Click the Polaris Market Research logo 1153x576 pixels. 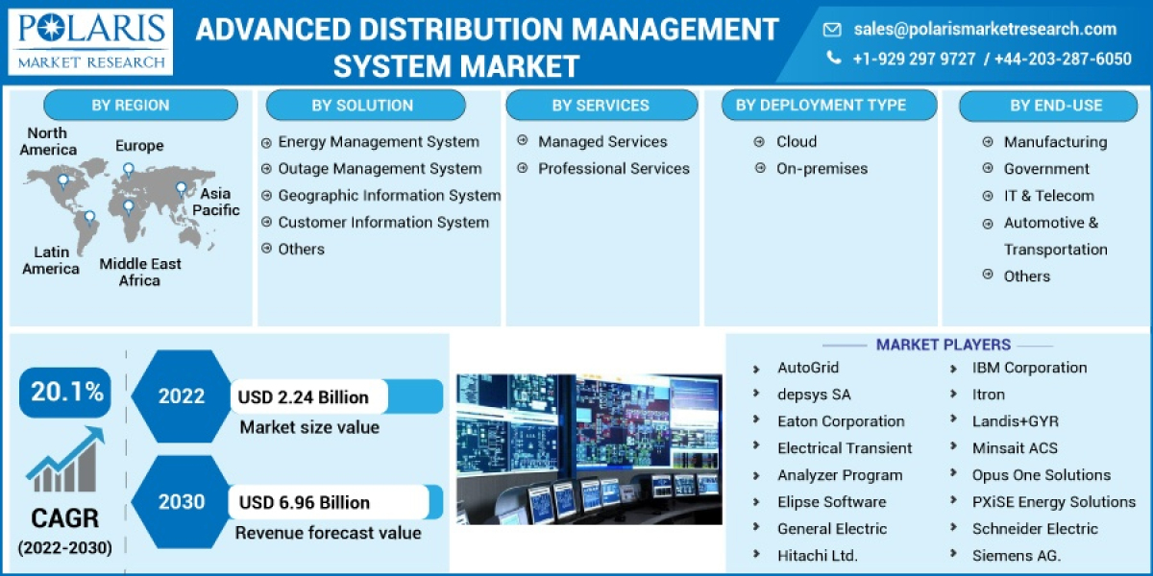pos(92,41)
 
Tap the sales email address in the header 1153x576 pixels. pos(985,29)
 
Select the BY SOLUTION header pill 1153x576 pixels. pos(362,106)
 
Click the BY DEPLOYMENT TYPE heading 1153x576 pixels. pos(821,106)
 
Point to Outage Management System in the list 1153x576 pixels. pos(380,169)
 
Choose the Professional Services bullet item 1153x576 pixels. pos(613,169)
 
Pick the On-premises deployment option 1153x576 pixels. pos(822,169)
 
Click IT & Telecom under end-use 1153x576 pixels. pos(1048,196)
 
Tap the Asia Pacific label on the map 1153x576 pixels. pos(216,202)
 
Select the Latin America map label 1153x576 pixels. pos(51,261)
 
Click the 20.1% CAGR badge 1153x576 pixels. pos(66,392)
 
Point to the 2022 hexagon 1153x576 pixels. pos(181,396)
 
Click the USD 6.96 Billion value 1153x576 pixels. pos(303,502)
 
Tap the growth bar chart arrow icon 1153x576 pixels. pos(64,462)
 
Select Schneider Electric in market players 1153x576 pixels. pos(1035,529)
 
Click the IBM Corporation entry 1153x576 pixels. pos(1029,368)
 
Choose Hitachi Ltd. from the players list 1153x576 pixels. pos(818,556)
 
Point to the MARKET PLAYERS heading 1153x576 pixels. pos(943,345)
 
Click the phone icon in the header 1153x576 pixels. pos(833,59)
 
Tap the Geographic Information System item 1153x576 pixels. pos(389,196)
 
